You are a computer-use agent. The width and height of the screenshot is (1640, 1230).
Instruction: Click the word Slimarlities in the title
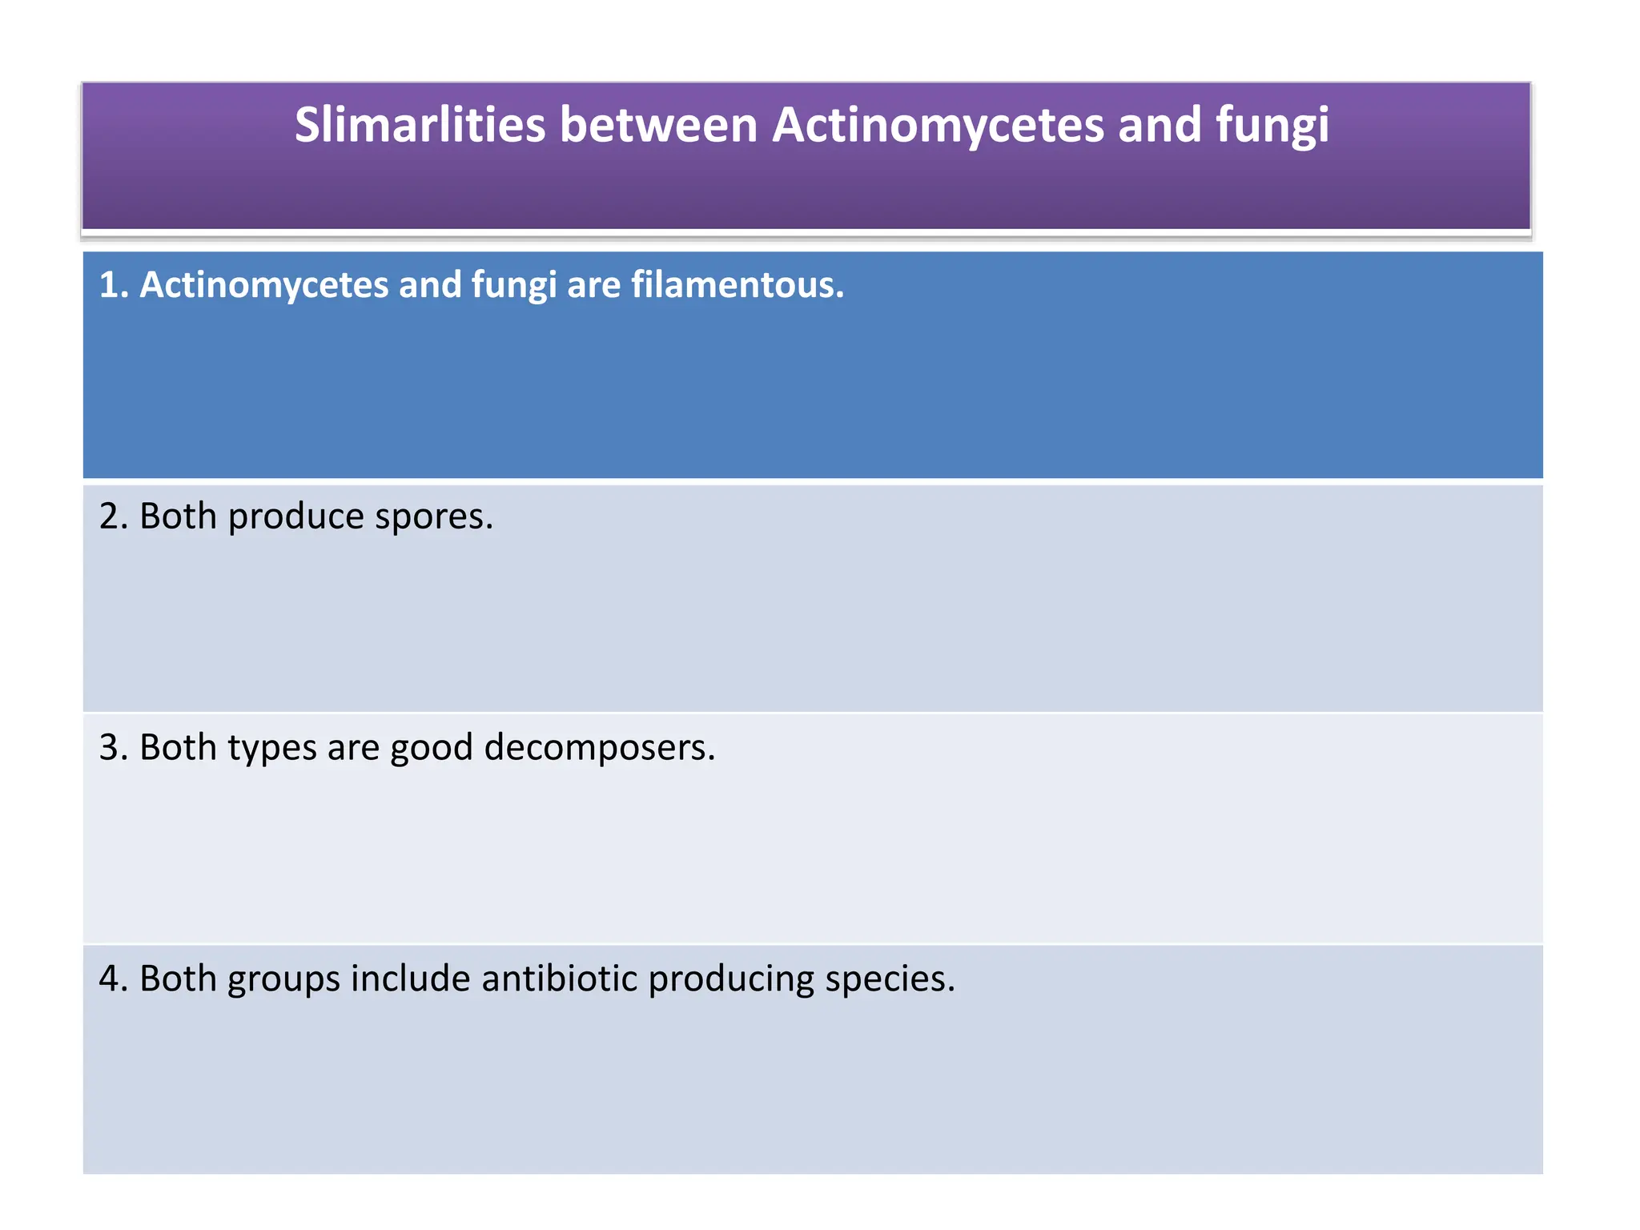tap(420, 126)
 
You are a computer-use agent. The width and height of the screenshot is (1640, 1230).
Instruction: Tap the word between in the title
tap(658, 126)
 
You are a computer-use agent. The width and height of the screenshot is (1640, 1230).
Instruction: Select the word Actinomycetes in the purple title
tap(938, 126)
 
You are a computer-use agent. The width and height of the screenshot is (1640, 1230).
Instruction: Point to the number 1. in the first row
tap(113, 285)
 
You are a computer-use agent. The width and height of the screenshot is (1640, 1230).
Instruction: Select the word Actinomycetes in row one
tap(263, 285)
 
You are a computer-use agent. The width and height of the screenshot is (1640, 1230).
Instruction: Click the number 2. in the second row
tap(113, 517)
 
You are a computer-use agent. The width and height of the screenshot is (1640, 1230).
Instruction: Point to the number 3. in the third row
tap(113, 748)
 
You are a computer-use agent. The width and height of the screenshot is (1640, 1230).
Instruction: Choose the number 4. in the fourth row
tap(113, 979)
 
